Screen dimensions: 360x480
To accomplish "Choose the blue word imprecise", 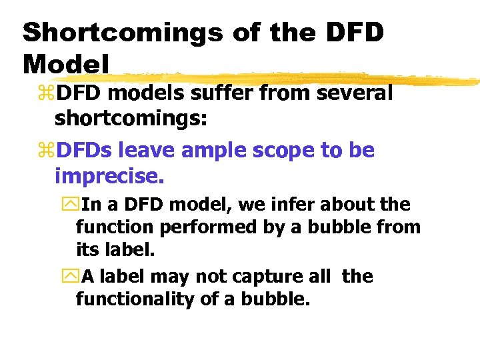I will (109, 177).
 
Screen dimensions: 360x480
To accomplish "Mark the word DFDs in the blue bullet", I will (85, 151).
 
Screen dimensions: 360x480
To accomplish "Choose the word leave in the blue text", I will (139, 151).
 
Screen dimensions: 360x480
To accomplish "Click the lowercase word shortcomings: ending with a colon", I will (131, 119).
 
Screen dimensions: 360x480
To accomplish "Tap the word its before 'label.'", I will (87, 251).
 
